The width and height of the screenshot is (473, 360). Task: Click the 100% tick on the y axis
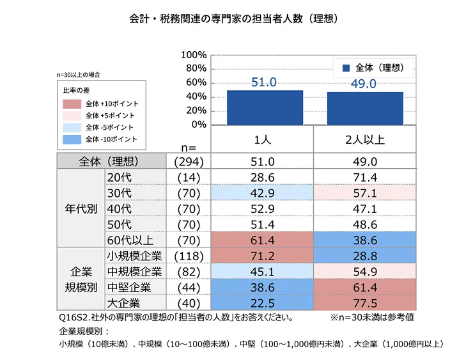[x=194, y=55]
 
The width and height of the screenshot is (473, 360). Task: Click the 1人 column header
[x=262, y=139]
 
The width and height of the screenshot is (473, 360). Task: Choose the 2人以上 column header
[x=364, y=139]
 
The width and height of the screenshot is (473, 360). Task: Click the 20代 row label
[x=121, y=176]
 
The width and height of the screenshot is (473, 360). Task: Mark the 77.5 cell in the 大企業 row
[x=364, y=302]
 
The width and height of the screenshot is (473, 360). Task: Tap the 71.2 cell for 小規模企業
[x=262, y=255]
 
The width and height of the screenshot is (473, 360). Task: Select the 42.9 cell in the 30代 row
[x=262, y=192]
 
